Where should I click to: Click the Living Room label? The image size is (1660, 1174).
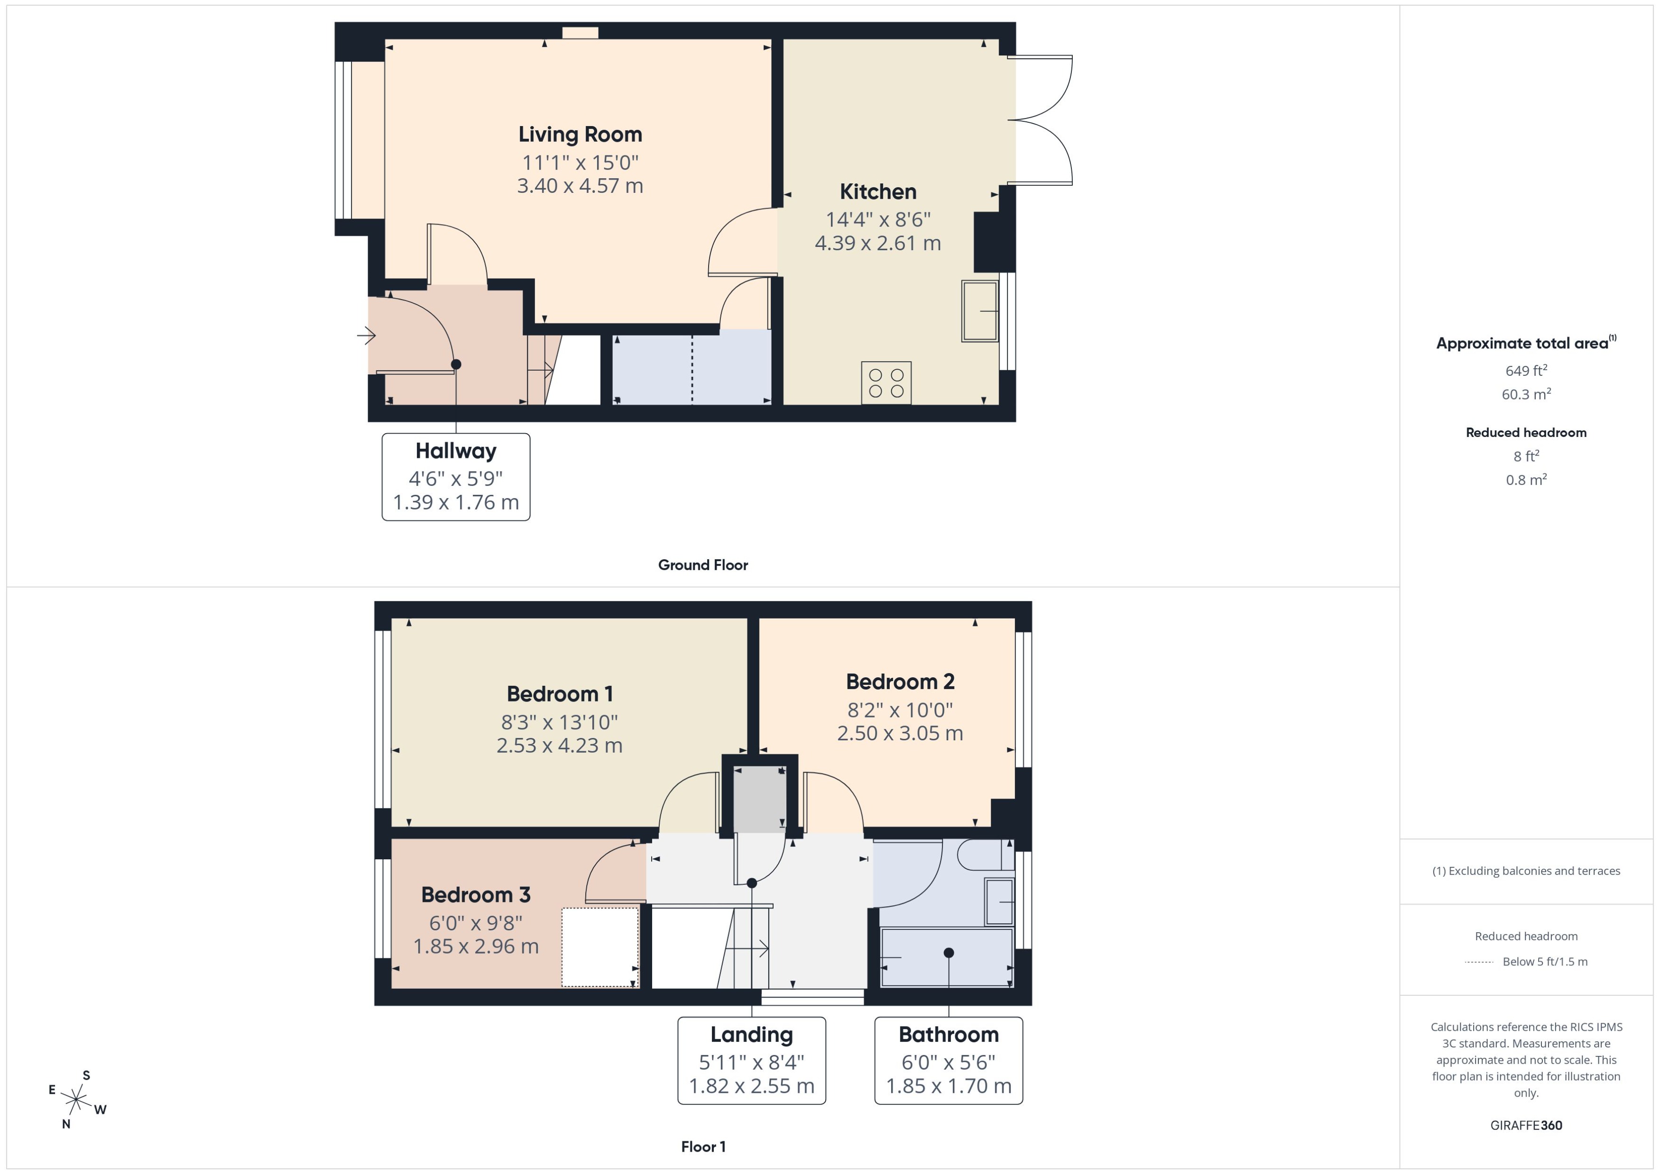tap(580, 135)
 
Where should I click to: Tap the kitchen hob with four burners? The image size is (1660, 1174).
tap(885, 382)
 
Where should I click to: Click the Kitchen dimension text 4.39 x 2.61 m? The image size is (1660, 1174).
tap(877, 243)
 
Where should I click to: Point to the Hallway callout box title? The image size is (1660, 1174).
tap(456, 451)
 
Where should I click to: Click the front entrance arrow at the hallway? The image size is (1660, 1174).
tap(366, 336)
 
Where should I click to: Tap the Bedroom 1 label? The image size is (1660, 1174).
tap(559, 694)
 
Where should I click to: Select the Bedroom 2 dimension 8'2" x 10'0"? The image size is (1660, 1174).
tap(900, 710)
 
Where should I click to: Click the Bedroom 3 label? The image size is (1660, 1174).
tap(475, 895)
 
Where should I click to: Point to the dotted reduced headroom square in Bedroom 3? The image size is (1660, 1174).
tap(599, 947)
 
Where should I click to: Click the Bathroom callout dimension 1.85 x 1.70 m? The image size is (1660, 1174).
tap(948, 1086)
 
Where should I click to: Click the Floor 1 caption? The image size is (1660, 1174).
tap(702, 1147)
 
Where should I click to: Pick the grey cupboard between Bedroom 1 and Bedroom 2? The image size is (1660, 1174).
tap(759, 799)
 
